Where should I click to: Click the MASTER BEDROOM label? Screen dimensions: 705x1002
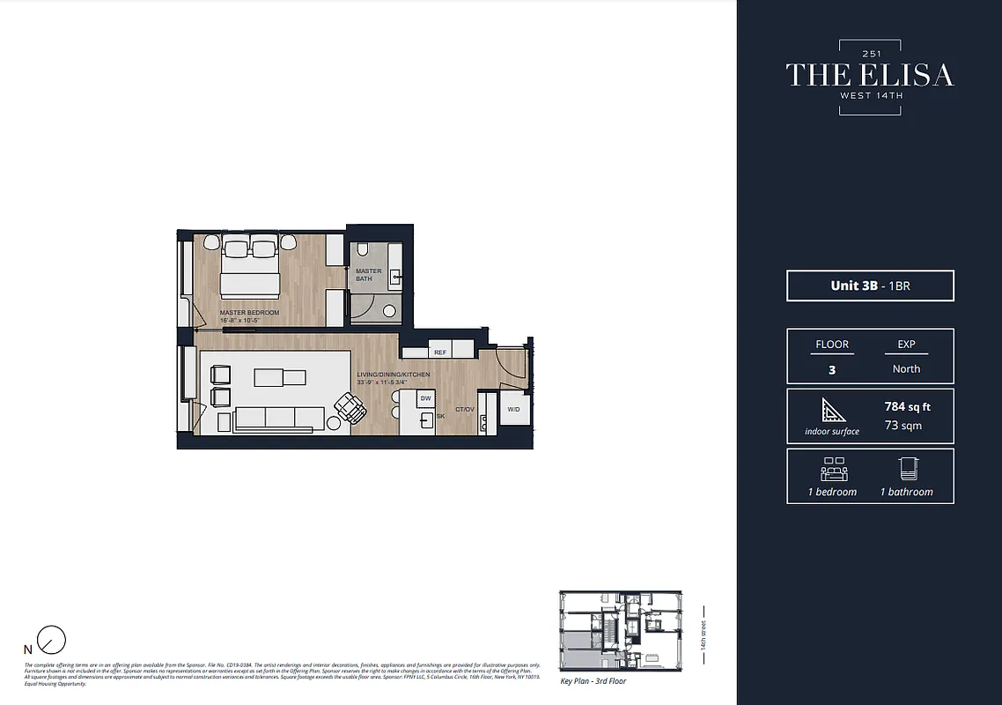[249, 313]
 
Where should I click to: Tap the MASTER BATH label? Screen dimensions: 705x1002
[368, 275]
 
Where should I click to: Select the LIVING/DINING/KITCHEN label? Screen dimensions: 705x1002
[394, 375]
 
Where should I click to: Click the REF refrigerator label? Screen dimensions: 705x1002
[439, 352]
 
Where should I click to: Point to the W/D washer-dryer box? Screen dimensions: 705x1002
[513, 409]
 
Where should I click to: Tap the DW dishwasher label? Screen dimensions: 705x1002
[425, 399]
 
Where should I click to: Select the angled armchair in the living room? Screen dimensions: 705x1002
[350, 407]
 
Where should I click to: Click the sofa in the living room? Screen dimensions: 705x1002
[272, 419]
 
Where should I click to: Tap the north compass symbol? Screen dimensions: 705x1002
[53, 640]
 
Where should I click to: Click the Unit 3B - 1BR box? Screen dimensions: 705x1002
[870, 286]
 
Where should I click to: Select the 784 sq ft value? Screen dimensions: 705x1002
[907, 407]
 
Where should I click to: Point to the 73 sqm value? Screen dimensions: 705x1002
[907, 425]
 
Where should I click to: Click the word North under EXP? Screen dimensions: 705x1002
[906, 369]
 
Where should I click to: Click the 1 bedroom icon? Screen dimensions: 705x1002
[832, 468]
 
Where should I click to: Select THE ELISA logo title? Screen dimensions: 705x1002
[869, 75]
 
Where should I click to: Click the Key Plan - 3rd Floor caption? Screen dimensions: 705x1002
[593, 681]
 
